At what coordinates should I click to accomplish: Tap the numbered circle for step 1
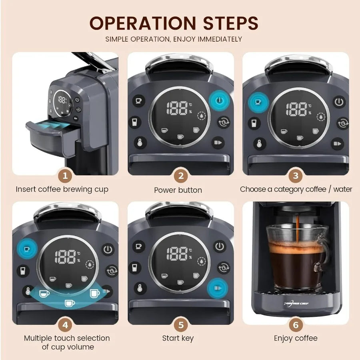tap(65, 176)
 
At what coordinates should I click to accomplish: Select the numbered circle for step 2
tap(180, 176)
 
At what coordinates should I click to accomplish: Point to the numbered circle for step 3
tap(296, 176)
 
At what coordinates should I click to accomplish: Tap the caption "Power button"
tap(178, 190)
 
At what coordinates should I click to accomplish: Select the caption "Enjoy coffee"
tap(296, 338)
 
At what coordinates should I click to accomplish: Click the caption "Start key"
tap(178, 338)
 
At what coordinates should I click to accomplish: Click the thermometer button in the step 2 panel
tap(140, 142)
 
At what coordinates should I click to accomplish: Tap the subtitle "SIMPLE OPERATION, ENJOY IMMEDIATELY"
tap(174, 39)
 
